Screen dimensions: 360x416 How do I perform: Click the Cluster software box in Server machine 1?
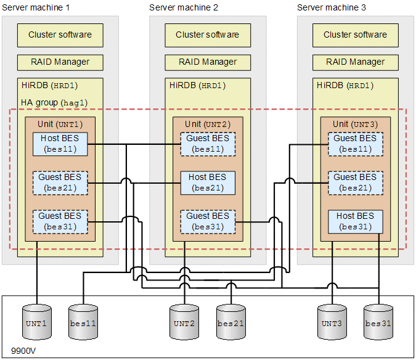60,35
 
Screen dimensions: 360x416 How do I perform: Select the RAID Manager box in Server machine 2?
208,62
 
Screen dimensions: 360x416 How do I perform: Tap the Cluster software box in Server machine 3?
355,35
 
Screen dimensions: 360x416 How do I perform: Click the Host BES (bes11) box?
60,144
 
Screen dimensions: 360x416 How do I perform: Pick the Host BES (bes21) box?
208,182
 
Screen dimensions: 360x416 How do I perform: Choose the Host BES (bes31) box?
355,221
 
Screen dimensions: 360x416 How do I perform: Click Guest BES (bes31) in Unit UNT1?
60,221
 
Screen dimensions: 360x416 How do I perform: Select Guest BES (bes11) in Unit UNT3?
355,144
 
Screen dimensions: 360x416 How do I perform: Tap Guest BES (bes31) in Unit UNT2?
208,221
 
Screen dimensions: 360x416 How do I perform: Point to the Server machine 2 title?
184,7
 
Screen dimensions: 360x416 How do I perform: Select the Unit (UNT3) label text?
355,125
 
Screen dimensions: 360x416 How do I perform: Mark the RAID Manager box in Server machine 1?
60,62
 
